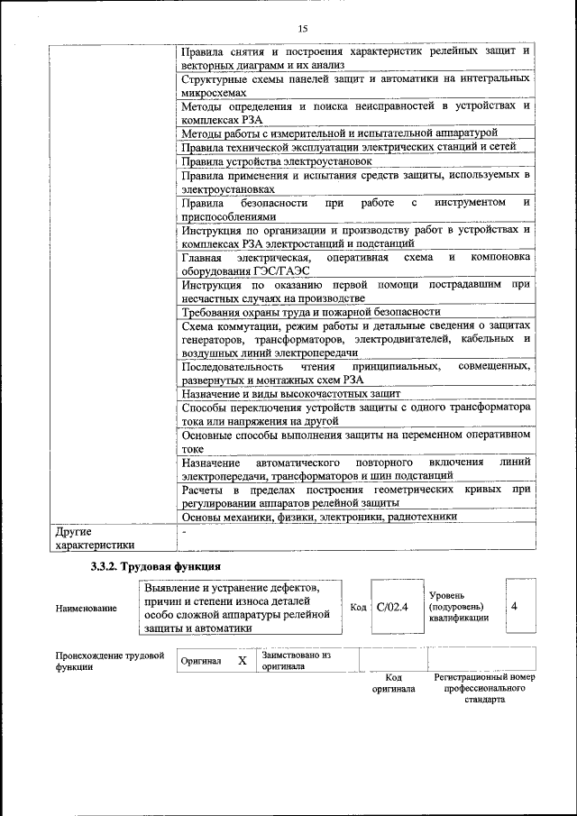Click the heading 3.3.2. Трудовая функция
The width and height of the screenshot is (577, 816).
click(151, 566)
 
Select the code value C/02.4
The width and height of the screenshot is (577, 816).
click(392, 607)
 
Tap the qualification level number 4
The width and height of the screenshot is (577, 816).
click(514, 606)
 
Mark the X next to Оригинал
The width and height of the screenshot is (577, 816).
click(242, 660)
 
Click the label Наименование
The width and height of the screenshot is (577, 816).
click(86, 609)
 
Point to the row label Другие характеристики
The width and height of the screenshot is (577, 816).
click(95, 537)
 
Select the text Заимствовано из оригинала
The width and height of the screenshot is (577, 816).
click(297, 660)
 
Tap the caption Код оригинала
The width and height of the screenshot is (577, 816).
click(393, 683)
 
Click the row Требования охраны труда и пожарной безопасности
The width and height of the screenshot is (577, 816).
click(310, 311)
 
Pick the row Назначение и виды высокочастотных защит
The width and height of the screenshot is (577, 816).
click(290, 394)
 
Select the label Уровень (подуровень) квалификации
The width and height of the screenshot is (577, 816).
click(459, 607)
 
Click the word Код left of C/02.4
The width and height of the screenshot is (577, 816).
click(357, 607)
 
